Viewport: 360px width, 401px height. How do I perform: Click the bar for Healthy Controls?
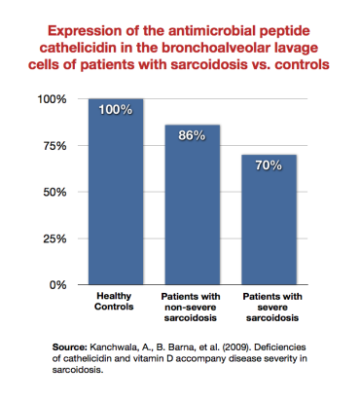pyautogui.click(x=116, y=195)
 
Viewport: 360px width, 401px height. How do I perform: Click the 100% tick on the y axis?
pyautogui.click(x=50, y=99)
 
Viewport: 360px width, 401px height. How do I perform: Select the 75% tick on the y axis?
pyautogui.click(x=53, y=146)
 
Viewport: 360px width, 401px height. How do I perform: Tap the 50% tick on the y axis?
pyautogui.click(x=53, y=192)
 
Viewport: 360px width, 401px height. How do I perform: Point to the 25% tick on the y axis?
pyautogui.click(x=53, y=238)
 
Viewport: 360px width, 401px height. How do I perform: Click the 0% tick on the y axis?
pyautogui.click(x=56, y=284)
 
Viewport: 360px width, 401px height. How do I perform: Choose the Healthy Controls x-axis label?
pyautogui.click(x=115, y=302)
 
